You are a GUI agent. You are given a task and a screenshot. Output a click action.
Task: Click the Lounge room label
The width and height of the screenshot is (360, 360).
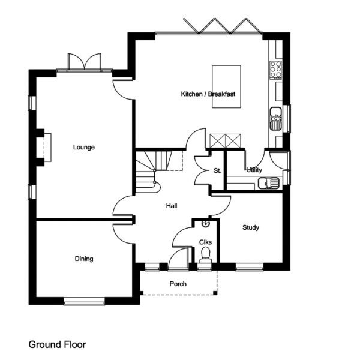point(84,147)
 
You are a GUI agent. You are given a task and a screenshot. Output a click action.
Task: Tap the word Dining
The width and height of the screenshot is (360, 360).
point(84,259)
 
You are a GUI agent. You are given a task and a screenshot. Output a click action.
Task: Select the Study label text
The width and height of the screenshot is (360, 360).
point(251,227)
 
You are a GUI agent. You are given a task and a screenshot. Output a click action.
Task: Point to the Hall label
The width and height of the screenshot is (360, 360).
point(172,206)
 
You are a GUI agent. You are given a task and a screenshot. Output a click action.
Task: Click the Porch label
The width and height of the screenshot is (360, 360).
point(178,284)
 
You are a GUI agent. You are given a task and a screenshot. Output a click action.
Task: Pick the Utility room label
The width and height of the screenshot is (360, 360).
point(254,170)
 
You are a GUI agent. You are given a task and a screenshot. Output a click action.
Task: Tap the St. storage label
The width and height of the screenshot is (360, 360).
point(217,170)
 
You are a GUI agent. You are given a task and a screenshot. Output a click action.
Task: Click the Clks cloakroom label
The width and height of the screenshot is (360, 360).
point(205,242)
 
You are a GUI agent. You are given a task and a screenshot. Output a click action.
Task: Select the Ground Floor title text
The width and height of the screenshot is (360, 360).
point(57,344)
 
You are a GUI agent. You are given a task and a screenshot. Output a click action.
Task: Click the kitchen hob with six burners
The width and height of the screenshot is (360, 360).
point(276,70)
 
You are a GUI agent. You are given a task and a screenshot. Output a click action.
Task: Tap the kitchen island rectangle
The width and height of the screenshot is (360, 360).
point(226,86)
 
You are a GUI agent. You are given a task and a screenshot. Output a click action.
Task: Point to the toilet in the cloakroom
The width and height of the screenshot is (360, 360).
point(205,256)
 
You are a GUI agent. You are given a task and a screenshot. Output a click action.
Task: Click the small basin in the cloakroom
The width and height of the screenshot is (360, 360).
point(206,223)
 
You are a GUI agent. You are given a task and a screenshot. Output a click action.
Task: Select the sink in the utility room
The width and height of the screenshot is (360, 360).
point(269,183)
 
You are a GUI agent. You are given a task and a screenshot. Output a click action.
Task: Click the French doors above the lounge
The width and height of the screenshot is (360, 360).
point(85,62)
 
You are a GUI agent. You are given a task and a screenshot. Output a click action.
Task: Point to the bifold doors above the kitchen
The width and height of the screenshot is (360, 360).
point(223,26)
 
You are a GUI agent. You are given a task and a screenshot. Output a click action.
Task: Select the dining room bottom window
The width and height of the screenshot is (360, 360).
point(84,301)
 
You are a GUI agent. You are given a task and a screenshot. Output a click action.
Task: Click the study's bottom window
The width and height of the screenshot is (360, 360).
point(250,267)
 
